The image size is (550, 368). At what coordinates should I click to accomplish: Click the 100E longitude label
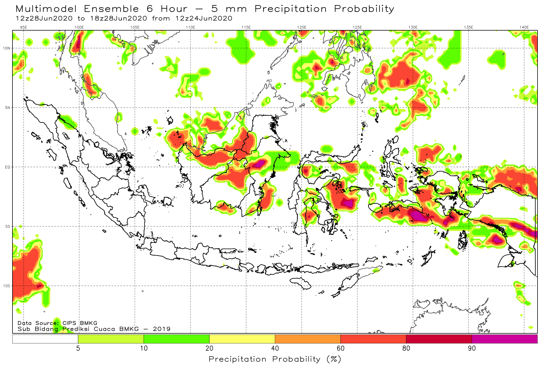pos(79,27)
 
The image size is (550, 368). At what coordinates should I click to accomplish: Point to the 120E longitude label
pos(302,27)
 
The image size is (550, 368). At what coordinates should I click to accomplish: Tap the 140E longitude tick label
pos(524,27)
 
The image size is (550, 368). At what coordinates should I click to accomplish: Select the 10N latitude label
pos(7,48)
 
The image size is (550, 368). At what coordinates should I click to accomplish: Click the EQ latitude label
pos(7,167)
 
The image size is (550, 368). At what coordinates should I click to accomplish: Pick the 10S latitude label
pos(7,286)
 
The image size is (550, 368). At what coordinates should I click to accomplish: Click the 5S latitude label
pos(8,226)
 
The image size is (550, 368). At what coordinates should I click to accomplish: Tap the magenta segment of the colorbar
pos(505,339)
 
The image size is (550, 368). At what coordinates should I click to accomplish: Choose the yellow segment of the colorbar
pos(242,339)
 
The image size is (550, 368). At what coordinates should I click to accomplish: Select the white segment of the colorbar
pos(45,339)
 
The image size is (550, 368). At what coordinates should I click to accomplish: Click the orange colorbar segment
pos(308,339)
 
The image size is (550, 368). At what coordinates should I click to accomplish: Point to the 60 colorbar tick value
pos(341,348)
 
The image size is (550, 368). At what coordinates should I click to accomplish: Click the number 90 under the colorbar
pos(472,348)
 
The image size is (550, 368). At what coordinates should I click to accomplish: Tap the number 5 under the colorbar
pos(78,348)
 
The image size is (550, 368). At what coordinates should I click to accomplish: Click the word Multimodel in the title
pos(46,9)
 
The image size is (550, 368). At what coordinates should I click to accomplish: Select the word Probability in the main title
pos(364,9)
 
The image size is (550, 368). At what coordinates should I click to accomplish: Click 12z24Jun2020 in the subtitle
pos(204,18)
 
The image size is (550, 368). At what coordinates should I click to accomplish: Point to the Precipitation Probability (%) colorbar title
pos(275,359)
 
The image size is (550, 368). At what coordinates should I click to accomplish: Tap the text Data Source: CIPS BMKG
pos(58,323)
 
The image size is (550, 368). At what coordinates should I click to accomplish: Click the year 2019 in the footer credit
pos(162,329)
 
